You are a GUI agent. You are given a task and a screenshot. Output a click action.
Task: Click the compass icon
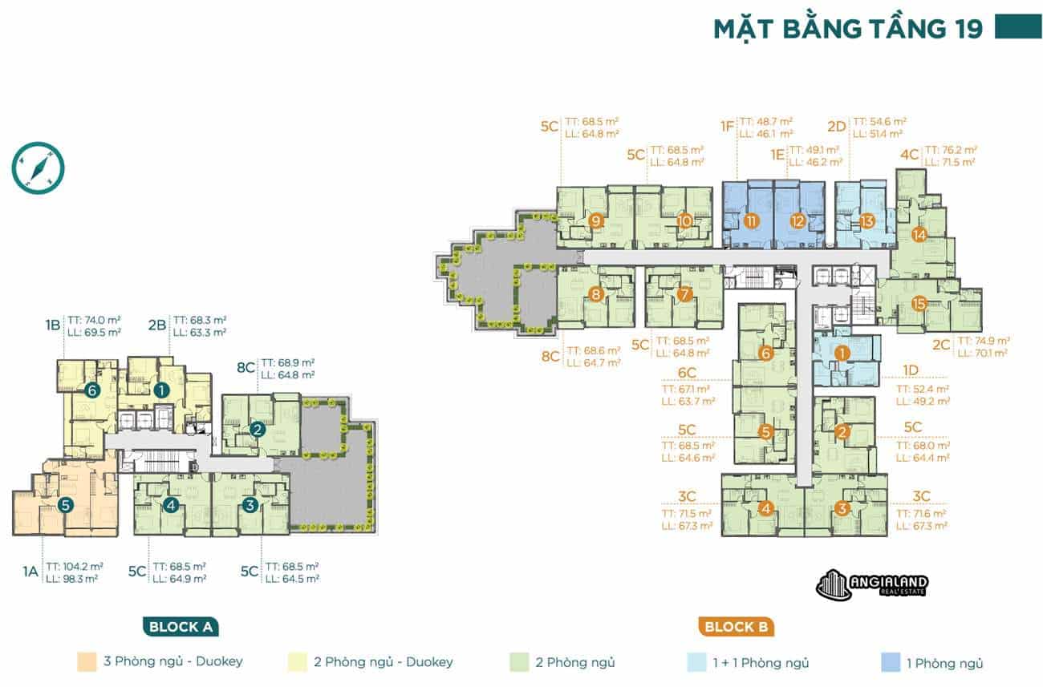click(38, 168)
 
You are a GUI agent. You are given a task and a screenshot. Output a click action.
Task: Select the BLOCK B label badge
click(736, 627)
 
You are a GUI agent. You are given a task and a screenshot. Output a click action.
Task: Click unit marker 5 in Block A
click(66, 506)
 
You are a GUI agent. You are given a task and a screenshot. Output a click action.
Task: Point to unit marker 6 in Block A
click(93, 390)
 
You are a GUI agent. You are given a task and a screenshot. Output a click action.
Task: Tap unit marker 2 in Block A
click(258, 429)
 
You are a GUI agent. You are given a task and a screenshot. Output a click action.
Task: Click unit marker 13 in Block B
click(866, 221)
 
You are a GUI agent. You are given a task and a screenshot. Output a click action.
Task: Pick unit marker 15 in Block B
click(919, 303)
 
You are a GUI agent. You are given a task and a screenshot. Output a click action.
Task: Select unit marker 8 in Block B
click(595, 294)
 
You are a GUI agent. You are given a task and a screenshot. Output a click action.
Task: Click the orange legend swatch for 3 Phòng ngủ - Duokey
click(87, 662)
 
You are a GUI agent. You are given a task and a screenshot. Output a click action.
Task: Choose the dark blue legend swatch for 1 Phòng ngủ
click(891, 662)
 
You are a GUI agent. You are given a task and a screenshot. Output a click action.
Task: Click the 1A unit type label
click(30, 572)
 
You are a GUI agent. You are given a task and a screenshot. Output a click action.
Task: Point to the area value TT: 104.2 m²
click(74, 565)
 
